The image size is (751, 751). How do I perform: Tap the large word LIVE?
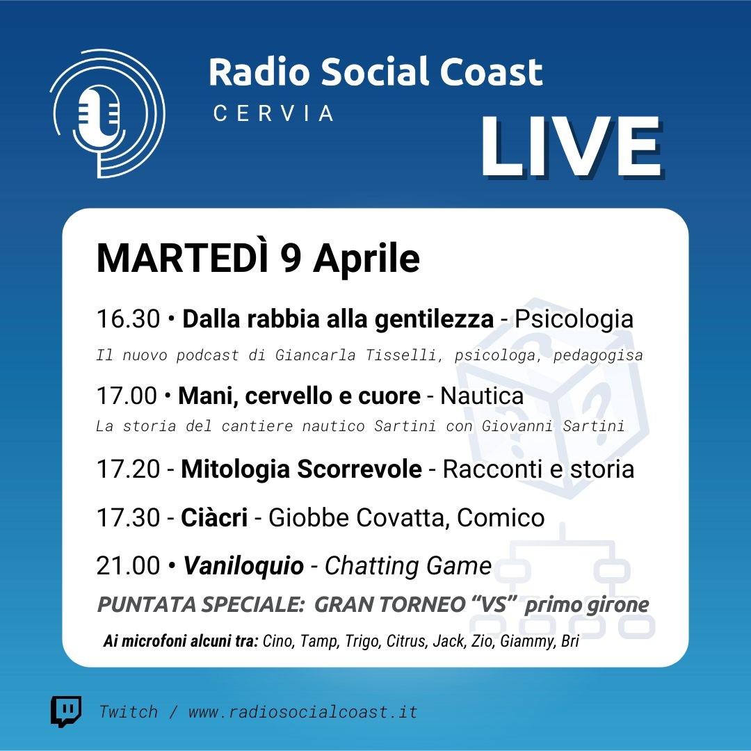point(572,147)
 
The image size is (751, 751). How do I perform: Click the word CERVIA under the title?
point(273,113)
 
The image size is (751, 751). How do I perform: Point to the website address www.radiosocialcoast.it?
point(302,712)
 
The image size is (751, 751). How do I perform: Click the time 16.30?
point(128,319)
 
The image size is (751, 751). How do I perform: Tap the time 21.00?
point(128,565)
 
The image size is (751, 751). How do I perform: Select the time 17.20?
point(128,469)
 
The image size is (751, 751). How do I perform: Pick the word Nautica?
point(482,396)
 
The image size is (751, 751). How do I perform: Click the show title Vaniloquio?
point(244,565)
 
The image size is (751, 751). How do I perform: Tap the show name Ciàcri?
point(214,517)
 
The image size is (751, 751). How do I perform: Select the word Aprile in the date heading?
point(366,260)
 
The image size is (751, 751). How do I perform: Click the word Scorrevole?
point(360,469)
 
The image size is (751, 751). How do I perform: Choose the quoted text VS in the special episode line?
point(494,604)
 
